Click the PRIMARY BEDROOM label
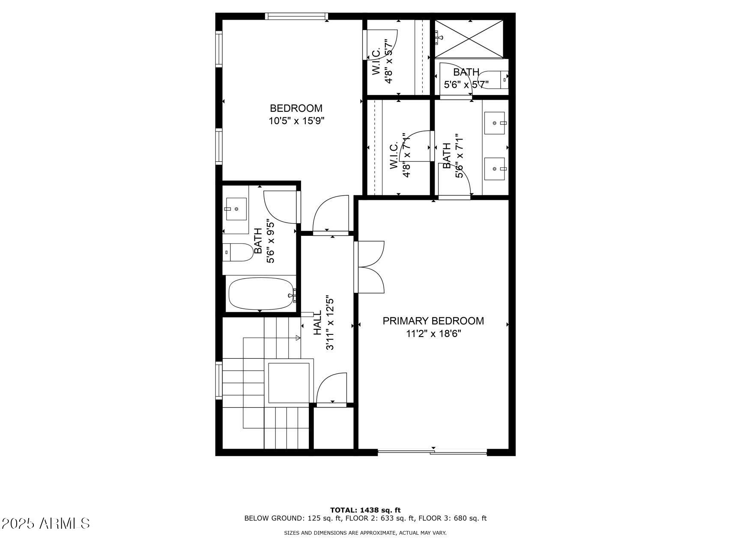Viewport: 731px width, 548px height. pyautogui.click(x=433, y=321)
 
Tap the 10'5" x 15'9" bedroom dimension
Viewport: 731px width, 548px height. pyautogui.click(x=296, y=121)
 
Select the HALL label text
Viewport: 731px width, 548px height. pyautogui.click(x=317, y=323)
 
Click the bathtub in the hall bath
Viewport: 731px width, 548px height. pyautogui.click(x=261, y=293)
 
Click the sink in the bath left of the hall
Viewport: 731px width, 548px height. pyautogui.click(x=236, y=209)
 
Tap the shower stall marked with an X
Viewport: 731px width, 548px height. pyautogui.click(x=469, y=39)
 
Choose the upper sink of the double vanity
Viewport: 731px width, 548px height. pyautogui.click(x=495, y=123)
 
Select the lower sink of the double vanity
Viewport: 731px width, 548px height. pyautogui.click(x=495, y=169)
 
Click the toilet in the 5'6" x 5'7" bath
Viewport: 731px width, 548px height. pyautogui.click(x=499, y=79)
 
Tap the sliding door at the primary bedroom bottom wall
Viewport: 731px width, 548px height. pyautogui.click(x=432, y=452)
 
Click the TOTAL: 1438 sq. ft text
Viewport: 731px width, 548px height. pyautogui.click(x=365, y=510)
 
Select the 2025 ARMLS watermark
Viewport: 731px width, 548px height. pyautogui.click(x=45, y=523)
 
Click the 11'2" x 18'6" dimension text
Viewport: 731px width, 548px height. pyautogui.click(x=433, y=334)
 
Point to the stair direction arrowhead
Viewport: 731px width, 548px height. pyautogui.click(x=298, y=338)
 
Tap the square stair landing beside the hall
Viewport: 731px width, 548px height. pyautogui.click(x=289, y=382)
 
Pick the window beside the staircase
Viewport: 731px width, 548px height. pyautogui.click(x=219, y=380)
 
